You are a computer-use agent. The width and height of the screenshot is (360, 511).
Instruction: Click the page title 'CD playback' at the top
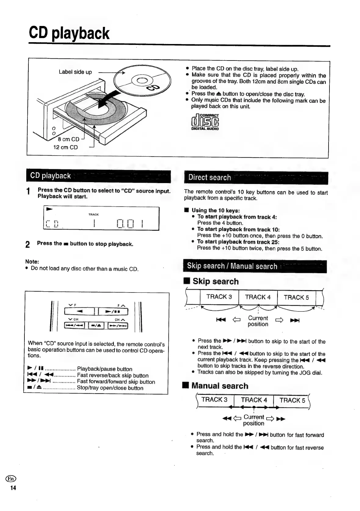(69, 33)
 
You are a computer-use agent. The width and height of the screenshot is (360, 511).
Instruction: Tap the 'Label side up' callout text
(75, 72)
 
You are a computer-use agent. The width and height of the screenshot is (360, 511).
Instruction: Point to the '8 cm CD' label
(68, 139)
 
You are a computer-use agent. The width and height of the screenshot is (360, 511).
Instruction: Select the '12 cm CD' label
(65, 147)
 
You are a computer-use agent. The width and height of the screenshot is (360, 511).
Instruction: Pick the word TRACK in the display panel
(93, 215)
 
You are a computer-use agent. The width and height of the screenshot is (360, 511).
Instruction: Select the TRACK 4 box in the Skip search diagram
(258, 297)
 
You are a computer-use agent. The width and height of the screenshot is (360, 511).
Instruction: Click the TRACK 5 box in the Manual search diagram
(292, 400)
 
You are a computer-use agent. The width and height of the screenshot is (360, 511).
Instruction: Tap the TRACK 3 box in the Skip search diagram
(219, 297)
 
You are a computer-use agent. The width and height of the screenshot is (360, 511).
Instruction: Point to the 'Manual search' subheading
(220, 386)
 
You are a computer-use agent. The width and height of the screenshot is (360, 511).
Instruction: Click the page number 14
(13, 488)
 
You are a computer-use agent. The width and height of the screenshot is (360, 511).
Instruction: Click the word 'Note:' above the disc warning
(32, 262)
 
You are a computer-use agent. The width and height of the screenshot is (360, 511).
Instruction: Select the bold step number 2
(28, 244)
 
